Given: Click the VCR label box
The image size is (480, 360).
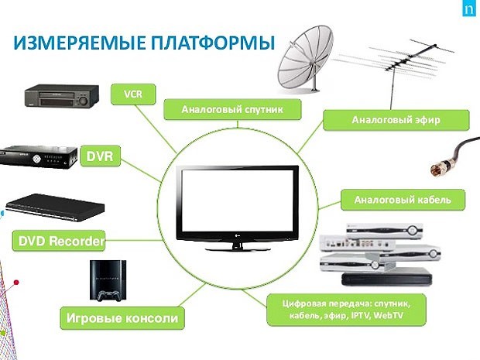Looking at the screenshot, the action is click(133, 94).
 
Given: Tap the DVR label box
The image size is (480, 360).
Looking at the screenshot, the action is click(100, 156).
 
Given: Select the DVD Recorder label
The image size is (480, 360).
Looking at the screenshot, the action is click(59, 241).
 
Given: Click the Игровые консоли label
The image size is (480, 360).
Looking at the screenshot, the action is click(122, 318).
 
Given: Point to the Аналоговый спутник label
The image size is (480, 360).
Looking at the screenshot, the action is click(232, 109).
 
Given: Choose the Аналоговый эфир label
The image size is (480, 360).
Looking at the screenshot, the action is click(396, 120).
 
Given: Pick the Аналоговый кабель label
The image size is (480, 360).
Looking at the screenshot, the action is click(403, 200).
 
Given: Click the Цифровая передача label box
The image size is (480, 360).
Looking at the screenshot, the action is click(346, 310).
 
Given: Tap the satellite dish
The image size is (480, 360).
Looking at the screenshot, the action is click(304, 59).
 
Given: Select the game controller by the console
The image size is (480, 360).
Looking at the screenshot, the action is click(108, 296).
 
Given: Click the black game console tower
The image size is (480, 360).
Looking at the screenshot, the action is click(108, 279).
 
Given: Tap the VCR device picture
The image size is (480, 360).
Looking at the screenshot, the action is click(61, 96).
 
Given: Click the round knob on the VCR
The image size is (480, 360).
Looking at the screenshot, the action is click(84, 100).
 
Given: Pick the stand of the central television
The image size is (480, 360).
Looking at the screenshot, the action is click(238, 246).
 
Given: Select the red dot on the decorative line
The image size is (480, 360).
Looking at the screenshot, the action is click(16, 283).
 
